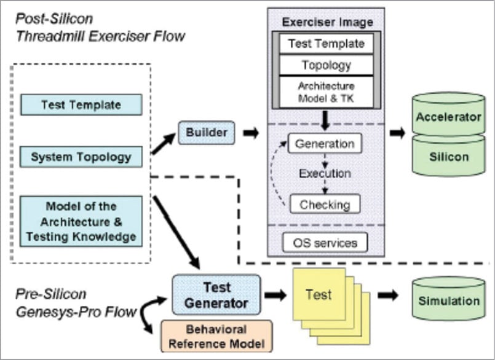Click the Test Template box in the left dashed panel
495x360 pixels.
pyautogui.click(x=81, y=104)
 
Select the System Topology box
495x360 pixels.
pyautogui.click(x=81, y=157)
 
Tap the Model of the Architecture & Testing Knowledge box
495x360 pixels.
pyautogui.click(x=81, y=221)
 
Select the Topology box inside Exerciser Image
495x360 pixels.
pyautogui.click(x=326, y=65)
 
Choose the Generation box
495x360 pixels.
pyautogui.click(x=325, y=144)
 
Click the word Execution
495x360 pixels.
pyautogui.click(x=325, y=174)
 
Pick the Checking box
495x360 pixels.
pyautogui.click(x=324, y=204)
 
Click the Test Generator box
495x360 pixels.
pyautogui.click(x=216, y=295)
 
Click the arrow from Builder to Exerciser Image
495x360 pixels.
pyautogui.click(x=251, y=132)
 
